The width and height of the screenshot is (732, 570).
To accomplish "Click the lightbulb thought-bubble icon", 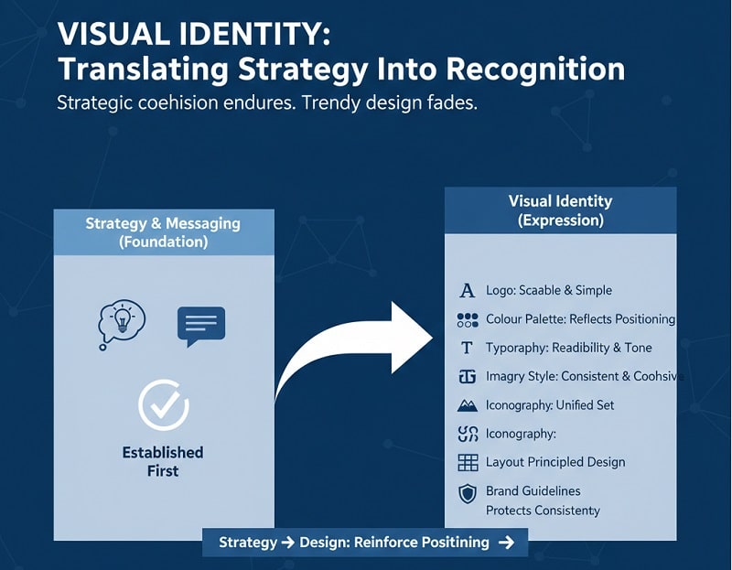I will [x=121, y=324].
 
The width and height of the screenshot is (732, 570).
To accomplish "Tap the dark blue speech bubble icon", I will [x=200, y=326].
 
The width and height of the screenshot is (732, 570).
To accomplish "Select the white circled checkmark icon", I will [x=163, y=405].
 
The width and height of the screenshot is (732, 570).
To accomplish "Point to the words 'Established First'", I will [x=163, y=461].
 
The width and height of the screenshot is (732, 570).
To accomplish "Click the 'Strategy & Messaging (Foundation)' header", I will [x=163, y=232].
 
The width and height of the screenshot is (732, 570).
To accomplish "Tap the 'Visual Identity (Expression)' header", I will [x=560, y=210].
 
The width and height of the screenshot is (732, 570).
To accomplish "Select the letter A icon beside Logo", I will [x=468, y=291].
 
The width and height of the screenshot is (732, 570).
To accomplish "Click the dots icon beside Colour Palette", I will [x=468, y=319].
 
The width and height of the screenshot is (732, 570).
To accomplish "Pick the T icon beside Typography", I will [x=468, y=348].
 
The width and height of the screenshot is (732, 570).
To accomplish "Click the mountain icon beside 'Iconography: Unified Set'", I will [x=468, y=404].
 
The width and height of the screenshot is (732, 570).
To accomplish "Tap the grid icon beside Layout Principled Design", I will [x=468, y=462].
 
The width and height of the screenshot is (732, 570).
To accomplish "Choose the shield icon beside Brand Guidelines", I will [x=468, y=494].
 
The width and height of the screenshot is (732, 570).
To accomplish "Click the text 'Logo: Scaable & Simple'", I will [x=549, y=290].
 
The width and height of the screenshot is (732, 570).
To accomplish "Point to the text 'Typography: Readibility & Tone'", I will [x=568, y=348].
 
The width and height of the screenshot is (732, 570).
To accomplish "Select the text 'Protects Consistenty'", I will [x=543, y=510].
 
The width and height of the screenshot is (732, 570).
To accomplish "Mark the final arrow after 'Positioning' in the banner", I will [x=507, y=543].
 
